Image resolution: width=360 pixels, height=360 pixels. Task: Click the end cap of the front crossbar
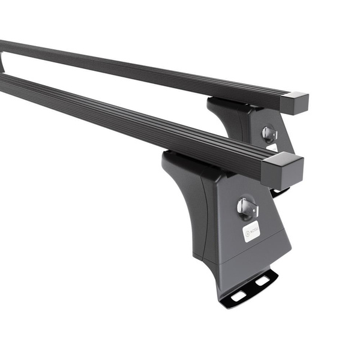[283, 169]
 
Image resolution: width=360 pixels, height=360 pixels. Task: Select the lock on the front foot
[246, 208]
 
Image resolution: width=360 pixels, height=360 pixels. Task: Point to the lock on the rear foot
[268, 133]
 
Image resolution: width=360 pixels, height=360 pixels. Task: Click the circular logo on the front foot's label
[247, 231]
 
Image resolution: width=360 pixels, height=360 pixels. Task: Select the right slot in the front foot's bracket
[263, 280]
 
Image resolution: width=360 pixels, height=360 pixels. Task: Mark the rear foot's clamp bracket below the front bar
[280, 192]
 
